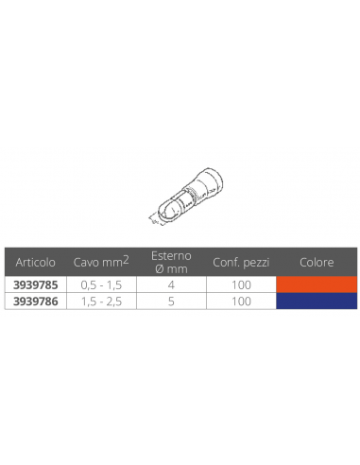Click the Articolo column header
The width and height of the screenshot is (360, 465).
[35, 262]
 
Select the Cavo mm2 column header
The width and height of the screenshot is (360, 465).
[101, 262]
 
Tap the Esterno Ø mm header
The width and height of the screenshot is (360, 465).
[171, 262]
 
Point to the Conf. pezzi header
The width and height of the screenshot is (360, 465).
[241, 262]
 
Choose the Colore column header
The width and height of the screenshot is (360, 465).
[317, 262]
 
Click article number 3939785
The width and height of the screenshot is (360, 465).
[36, 284]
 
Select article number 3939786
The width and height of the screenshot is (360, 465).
[36, 301]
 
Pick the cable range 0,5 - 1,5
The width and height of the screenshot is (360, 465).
[101, 285]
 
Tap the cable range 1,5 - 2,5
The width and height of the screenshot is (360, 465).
[101, 301]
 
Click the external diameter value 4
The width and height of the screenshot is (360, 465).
[171, 284]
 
